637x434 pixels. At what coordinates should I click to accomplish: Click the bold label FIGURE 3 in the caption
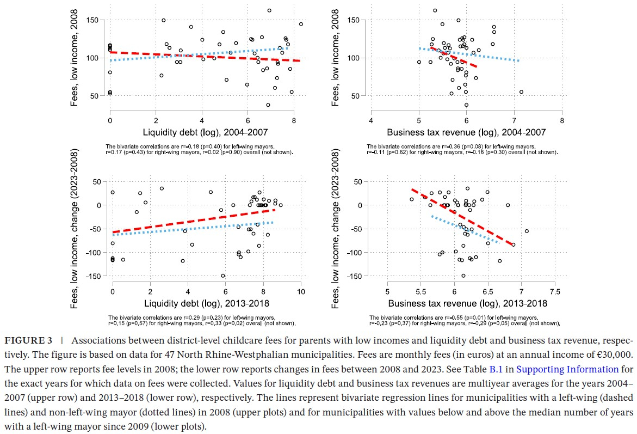(x=28, y=341)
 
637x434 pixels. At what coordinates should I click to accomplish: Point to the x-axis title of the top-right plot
(x=467, y=132)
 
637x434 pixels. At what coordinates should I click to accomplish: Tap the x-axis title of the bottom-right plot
(x=468, y=303)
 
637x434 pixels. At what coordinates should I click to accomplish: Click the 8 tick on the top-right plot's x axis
(x=562, y=120)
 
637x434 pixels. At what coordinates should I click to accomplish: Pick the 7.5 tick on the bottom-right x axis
(x=555, y=291)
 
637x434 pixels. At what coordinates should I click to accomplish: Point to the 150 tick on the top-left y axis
(x=98, y=20)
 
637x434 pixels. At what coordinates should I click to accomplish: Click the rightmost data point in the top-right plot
(x=521, y=92)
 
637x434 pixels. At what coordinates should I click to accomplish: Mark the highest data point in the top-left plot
(x=269, y=10)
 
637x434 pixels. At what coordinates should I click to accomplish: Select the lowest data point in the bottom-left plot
(x=223, y=276)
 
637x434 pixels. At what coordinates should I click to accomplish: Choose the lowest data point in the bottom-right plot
(x=463, y=276)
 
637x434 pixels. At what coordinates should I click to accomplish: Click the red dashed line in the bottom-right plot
(x=462, y=218)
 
